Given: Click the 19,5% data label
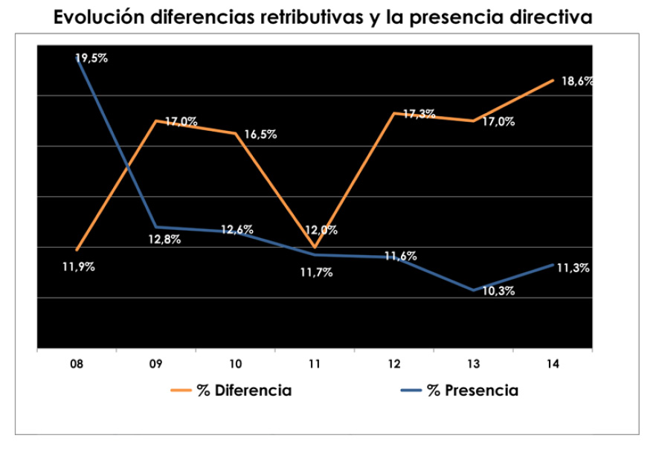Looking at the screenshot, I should (x=92, y=58).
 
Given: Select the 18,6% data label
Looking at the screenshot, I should (x=577, y=82).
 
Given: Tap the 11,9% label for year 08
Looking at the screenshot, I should (x=78, y=268).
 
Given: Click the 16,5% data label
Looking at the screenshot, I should (x=260, y=135).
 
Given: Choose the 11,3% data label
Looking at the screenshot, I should (x=573, y=269).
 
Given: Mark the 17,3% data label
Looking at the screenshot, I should (x=419, y=114).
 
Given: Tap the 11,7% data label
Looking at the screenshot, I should (x=316, y=272).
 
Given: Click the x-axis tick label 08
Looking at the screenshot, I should (x=76, y=364).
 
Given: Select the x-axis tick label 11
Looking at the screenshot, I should (x=315, y=364).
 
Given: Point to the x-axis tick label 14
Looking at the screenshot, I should (x=553, y=364).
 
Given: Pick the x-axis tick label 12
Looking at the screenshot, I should (x=394, y=364).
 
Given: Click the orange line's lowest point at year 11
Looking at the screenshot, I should (x=315, y=247).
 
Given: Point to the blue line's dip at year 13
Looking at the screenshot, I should (x=473, y=290).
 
